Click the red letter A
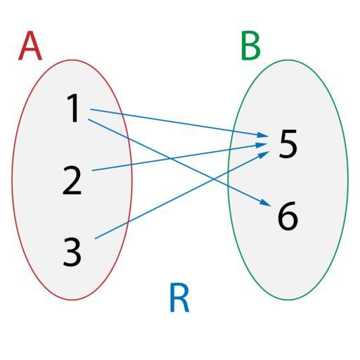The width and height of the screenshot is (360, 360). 30,46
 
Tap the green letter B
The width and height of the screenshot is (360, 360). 251,45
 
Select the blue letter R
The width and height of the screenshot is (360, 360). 179,297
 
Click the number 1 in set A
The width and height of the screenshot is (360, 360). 73,108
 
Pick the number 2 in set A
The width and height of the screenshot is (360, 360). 72,180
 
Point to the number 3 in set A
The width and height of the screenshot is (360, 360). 72,252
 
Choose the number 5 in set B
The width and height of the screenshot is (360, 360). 288,143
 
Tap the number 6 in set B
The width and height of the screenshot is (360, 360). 288,216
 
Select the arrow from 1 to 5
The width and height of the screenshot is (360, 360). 179,122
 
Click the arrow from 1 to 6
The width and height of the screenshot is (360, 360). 179,162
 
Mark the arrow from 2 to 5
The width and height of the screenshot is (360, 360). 180,157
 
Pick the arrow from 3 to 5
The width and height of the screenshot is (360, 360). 181,195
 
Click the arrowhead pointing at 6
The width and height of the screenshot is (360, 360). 266,203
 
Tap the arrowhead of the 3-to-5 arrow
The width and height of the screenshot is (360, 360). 264,154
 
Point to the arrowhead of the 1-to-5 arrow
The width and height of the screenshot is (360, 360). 263,135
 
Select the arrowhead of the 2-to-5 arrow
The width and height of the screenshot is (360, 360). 263,145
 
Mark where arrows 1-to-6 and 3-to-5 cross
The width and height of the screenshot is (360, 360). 213,179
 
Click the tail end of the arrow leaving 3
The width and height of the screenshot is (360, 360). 95,238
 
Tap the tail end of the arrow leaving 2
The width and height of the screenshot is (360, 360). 92,170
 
